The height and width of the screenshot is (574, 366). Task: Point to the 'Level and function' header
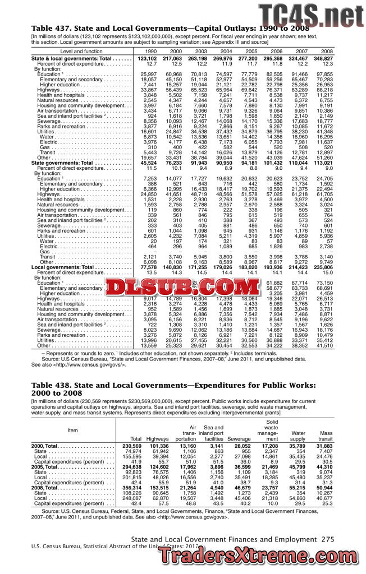[x=80, y=51]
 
